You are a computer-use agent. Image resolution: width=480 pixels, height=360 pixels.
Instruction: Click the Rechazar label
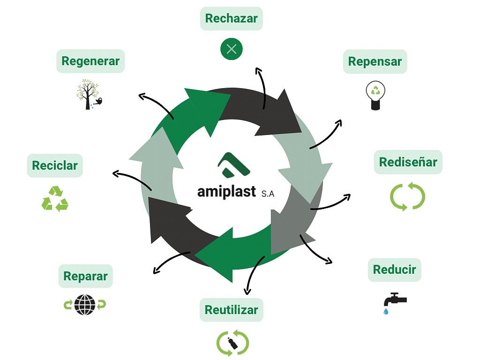pos(232,19)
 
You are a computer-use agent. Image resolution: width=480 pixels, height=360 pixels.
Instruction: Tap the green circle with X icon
pos(232,48)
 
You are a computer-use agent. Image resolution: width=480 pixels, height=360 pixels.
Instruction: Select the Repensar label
pos(375,61)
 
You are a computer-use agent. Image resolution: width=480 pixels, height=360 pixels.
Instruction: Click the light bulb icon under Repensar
pos(375,95)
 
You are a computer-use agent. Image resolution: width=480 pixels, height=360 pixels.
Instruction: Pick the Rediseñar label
pos(408,162)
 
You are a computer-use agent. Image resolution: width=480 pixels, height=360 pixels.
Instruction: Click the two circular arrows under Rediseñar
pos(407,196)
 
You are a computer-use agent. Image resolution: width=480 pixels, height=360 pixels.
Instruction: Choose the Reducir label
pos(394,270)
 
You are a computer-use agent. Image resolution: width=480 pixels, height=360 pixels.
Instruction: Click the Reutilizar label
pos(232,310)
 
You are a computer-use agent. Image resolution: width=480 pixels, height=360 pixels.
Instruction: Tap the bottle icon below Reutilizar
pos(232,344)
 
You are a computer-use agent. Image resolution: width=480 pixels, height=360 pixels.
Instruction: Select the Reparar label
pos(85,276)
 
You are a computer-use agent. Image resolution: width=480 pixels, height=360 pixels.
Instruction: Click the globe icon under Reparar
pos(85,305)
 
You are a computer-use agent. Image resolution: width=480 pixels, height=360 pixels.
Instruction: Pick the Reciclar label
pos(55,165)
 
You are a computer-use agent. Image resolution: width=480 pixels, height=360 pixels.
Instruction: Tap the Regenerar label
pos(90,61)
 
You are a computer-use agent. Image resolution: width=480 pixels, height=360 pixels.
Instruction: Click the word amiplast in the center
pos(226,192)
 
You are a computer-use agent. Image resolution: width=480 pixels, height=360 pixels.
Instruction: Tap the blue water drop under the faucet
pos(386,311)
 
